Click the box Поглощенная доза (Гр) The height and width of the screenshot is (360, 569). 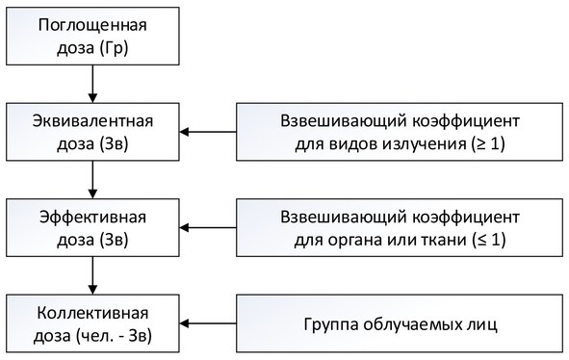92,37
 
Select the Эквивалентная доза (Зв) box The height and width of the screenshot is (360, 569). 92,132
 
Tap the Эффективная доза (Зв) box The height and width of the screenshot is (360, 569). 92,226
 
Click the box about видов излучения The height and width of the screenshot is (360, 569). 399,132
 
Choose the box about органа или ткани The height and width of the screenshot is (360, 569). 399,226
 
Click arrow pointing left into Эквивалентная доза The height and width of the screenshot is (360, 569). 210,132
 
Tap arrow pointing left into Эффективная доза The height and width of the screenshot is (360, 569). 210,227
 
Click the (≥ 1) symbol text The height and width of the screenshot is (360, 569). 488,143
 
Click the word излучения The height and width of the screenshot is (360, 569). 427,143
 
